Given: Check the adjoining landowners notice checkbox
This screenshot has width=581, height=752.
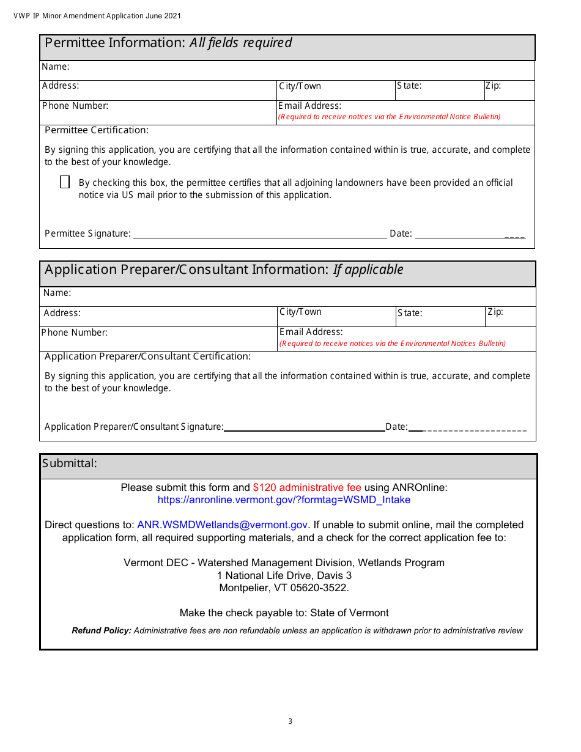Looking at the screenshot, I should (65, 182).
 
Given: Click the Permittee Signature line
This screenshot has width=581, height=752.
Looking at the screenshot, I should (260, 234).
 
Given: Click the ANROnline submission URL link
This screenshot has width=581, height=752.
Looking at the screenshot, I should (284, 500).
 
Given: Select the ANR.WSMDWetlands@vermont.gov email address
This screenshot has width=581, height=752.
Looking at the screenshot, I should (223, 525).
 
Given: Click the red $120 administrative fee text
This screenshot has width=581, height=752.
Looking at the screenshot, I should (307, 487).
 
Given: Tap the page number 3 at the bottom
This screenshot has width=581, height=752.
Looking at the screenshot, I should (290, 721).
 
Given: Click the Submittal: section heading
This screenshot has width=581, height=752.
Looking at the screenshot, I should (70, 463).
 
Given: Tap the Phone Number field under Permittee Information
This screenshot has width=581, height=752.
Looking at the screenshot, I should (158, 112).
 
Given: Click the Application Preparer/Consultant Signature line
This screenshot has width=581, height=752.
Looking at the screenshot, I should (304, 427).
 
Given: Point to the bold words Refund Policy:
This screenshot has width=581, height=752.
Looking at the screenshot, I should (102, 631).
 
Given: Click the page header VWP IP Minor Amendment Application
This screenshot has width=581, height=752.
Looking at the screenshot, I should (97, 16).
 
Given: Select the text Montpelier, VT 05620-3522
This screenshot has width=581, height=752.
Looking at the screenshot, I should (284, 588).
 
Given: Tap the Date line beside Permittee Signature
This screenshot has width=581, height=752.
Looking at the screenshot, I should (469, 234).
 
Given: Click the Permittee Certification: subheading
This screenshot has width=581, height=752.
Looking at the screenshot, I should (97, 130).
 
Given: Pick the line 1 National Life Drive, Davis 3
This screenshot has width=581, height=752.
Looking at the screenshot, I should (284, 575).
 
